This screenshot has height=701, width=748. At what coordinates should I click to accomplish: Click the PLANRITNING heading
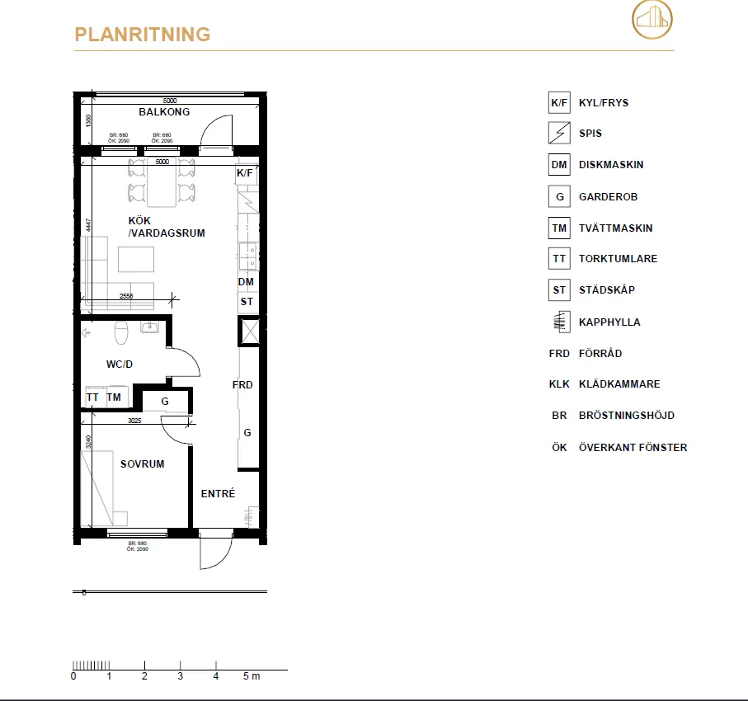142,35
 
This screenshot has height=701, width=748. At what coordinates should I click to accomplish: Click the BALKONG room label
164,112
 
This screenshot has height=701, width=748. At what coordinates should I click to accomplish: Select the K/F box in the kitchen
246,173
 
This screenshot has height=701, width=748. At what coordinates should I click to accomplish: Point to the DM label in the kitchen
246,282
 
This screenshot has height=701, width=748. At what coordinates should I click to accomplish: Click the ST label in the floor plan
247,302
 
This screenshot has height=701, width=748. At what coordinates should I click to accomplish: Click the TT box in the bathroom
92,398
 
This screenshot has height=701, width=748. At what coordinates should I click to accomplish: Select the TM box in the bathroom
114,398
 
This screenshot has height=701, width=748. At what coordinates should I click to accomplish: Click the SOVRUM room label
142,464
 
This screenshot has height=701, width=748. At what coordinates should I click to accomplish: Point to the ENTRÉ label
219,494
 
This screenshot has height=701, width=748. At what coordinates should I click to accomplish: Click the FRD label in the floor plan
242,385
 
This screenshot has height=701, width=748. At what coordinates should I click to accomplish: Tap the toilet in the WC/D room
122,332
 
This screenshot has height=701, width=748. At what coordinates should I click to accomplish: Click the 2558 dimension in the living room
126,295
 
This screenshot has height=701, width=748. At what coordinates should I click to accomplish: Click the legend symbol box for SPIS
559,133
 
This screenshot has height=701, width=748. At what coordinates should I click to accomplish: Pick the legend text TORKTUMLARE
618,259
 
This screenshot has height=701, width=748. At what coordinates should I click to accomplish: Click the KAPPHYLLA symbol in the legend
559,322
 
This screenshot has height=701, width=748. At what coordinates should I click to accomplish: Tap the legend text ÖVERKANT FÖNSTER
633,448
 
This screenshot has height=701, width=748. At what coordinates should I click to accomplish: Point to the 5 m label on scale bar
252,676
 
